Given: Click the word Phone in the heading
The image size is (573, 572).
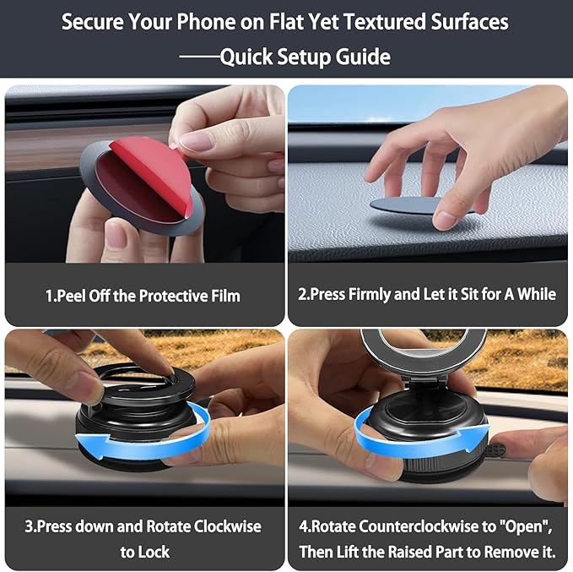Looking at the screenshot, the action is (x=206, y=22).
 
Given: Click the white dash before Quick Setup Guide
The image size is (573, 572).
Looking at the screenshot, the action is (x=199, y=57).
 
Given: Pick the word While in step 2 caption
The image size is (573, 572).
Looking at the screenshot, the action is (x=537, y=294).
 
